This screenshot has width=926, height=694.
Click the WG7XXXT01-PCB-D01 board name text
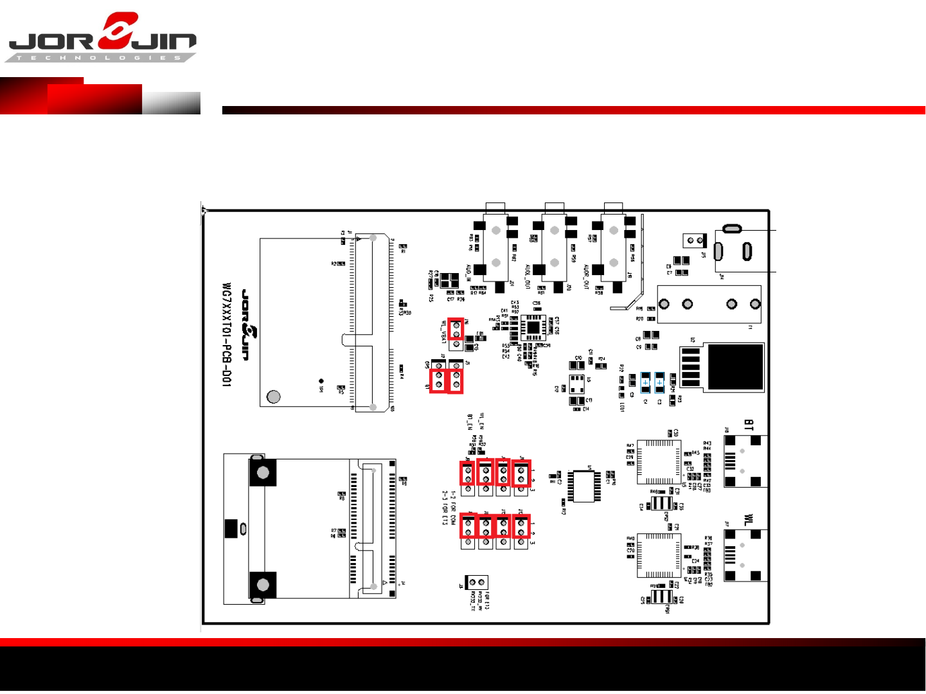coord(226,334)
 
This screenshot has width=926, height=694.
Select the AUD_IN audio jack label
coord(468,273)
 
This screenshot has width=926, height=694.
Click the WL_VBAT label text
coord(443,332)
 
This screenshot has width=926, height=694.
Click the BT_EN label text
coord(470,422)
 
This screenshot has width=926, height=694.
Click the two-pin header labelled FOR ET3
coord(477,582)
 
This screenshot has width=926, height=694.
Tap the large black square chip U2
coord(735,366)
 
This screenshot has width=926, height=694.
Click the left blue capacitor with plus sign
coord(645,382)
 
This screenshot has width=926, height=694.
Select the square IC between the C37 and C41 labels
coord(533,328)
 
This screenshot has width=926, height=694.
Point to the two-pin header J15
coord(695,240)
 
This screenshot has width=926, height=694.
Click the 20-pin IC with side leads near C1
coord(583,486)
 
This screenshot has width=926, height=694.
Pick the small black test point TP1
coord(321,381)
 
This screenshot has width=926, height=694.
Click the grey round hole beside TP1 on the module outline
coord(274,396)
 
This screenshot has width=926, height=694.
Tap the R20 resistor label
coord(639,319)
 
